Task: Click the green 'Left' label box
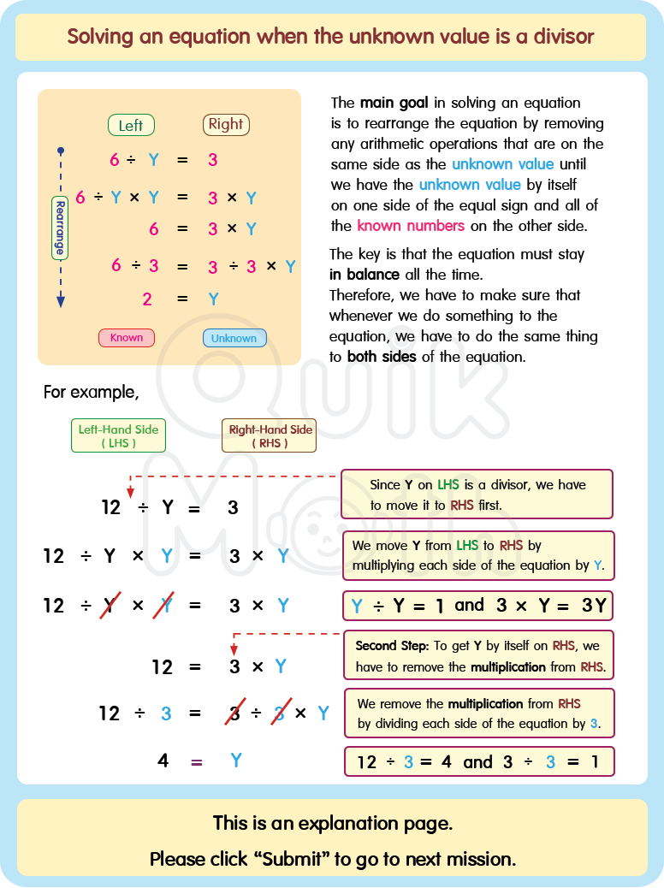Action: click(x=131, y=126)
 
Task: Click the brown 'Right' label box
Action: click(x=226, y=124)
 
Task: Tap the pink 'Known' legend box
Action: click(x=127, y=337)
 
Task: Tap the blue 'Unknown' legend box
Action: click(x=234, y=338)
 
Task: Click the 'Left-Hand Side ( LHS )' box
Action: click(x=118, y=435)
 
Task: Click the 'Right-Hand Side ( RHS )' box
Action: click(x=270, y=435)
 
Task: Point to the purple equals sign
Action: click(x=197, y=761)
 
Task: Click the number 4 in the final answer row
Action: click(x=163, y=760)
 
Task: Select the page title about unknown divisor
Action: click(x=330, y=37)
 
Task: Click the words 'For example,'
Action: click(x=91, y=393)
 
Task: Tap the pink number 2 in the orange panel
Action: click(x=147, y=299)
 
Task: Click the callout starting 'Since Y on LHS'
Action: click(x=477, y=494)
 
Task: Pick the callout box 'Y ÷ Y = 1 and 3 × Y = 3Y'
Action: click(x=478, y=606)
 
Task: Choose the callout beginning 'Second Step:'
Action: click(x=478, y=655)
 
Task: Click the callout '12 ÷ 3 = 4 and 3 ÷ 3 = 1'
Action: click(x=478, y=761)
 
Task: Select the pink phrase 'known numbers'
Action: click(x=411, y=226)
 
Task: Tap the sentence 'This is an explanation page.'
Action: click(x=332, y=823)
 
